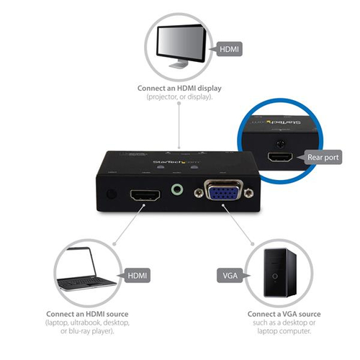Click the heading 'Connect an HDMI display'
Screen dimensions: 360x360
(180, 89)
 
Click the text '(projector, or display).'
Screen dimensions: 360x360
(180, 96)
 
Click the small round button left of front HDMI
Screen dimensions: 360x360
(109, 194)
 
